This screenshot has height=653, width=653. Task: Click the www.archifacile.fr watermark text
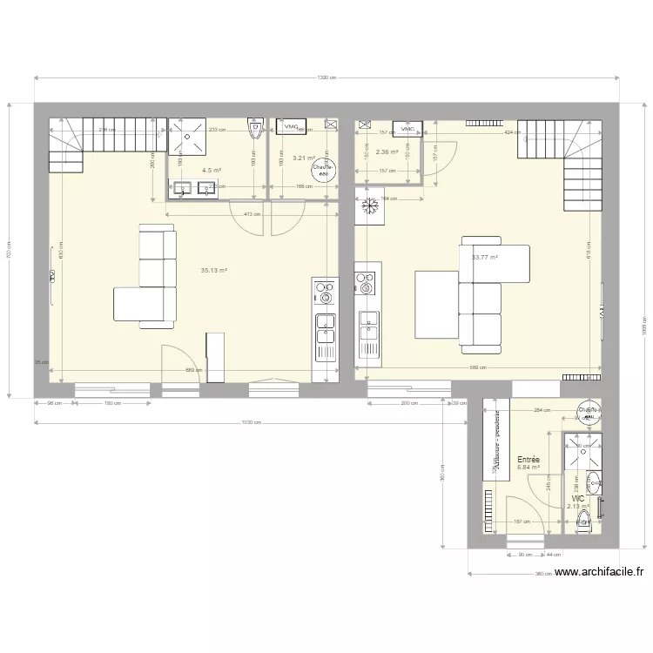tap(599, 572)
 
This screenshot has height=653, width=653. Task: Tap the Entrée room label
tap(528, 460)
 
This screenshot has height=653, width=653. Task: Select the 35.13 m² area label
tap(213, 271)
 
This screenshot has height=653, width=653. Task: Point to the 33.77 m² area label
tap(484, 258)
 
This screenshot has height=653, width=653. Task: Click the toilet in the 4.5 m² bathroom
tap(255, 130)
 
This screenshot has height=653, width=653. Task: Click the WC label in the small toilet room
tap(579, 499)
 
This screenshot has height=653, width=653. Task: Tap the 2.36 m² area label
tap(387, 152)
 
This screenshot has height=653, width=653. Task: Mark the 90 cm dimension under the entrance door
tap(525, 555)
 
